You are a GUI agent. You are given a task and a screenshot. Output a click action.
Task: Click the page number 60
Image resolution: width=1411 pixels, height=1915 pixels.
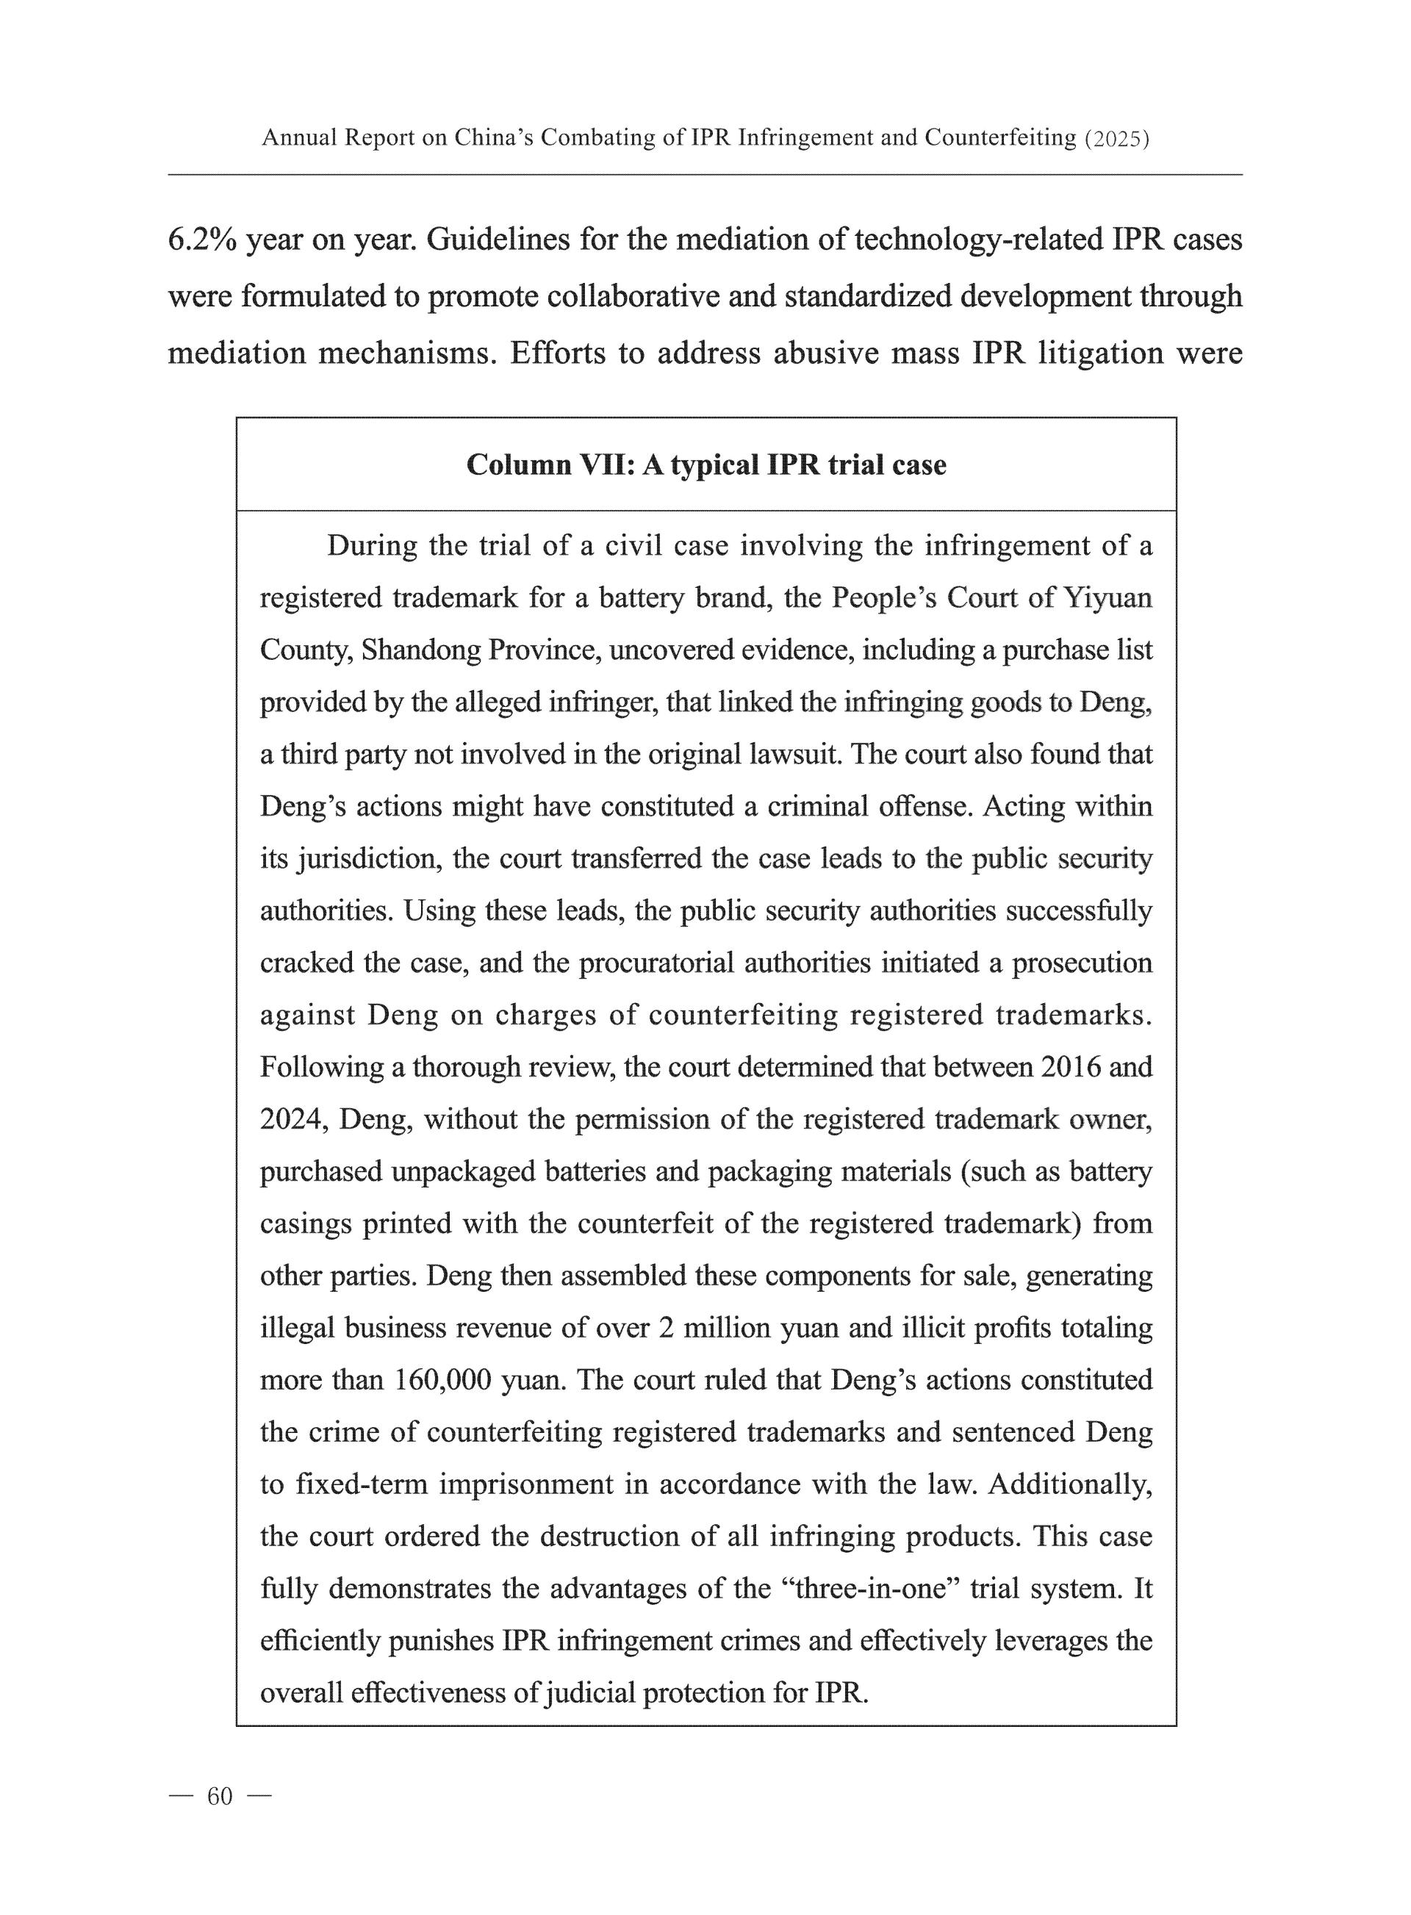[220, 1796]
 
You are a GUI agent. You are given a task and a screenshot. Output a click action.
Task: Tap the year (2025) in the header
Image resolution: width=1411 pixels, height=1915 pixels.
[1116, 138]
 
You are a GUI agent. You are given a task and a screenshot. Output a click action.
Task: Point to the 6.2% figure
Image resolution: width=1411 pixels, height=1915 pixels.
[201, 240]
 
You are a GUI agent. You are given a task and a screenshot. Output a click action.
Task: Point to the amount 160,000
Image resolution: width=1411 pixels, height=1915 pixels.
[443, 1379]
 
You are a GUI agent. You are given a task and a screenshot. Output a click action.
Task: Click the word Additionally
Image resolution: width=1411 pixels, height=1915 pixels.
[1070, 1484]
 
